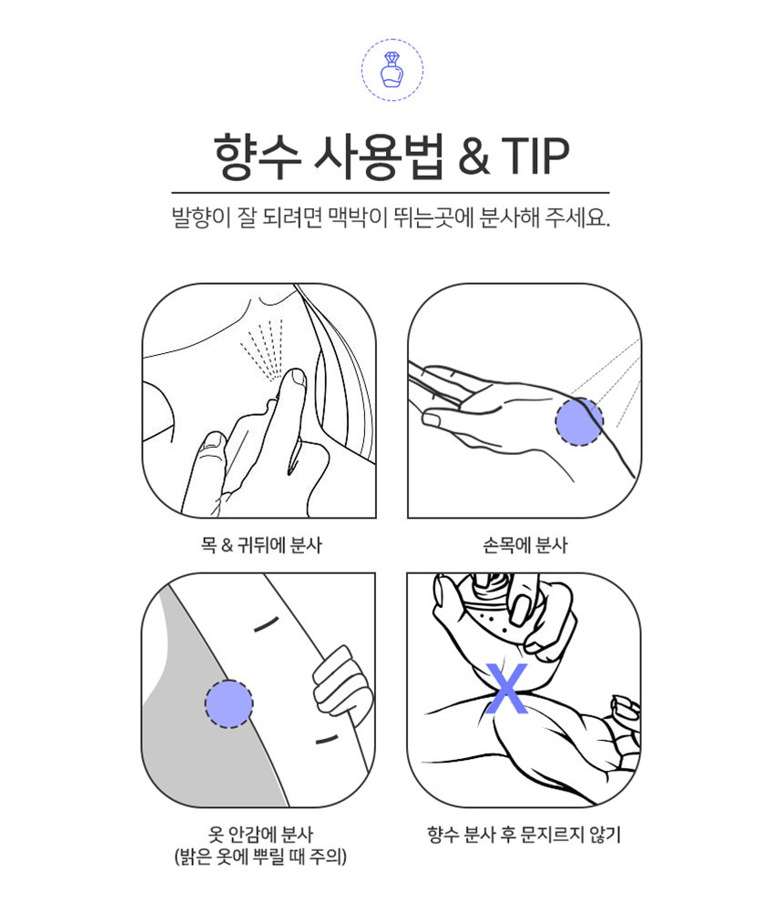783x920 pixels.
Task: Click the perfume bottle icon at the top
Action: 392,69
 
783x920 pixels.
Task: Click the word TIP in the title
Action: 534,157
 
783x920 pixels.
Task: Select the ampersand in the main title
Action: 473,157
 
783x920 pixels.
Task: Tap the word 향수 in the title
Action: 257,157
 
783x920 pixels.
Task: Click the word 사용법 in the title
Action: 379,157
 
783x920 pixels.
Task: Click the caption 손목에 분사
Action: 524,545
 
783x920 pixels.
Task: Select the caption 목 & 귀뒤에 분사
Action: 261,545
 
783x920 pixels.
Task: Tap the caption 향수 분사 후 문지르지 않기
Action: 524,834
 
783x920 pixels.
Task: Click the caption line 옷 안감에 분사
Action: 260,834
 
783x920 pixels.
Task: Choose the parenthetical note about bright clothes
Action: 260,856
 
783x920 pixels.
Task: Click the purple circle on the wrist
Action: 579,420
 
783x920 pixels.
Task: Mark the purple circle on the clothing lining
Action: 229,704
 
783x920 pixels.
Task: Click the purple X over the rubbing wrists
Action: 507,688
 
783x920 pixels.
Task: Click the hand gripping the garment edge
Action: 341,684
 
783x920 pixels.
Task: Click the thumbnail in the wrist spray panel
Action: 432,420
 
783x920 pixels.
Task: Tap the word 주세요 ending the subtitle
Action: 577,217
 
